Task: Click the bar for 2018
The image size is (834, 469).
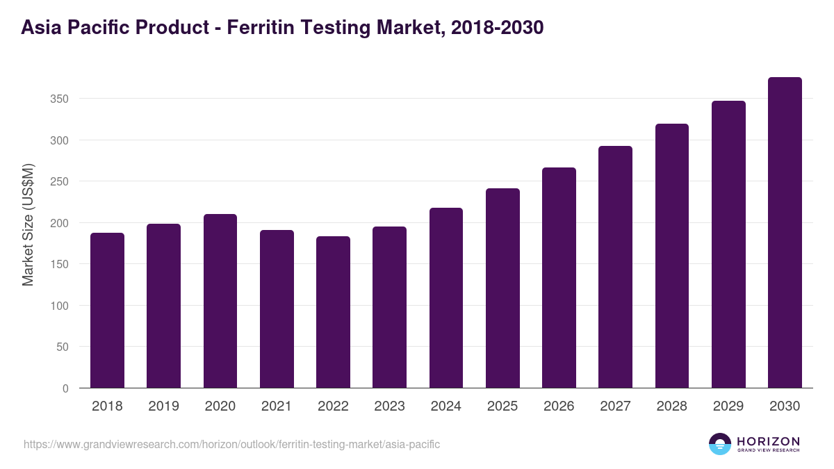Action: [107, 311]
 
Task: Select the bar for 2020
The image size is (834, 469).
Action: [220, 301]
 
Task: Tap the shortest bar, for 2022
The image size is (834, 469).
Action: [333, 312]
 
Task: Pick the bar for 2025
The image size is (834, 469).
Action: [502, 288]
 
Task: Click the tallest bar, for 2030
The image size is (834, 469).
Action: [785, 233]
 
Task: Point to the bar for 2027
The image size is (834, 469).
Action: [615, 267]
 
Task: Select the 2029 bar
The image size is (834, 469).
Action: [728, 245]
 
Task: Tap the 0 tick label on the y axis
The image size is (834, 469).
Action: [65, 388]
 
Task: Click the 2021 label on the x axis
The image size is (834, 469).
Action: [277, 406]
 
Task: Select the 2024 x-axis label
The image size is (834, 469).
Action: [446, 406]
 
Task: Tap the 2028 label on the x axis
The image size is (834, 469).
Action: [672, 406]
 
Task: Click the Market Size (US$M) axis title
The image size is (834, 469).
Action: [28, 224]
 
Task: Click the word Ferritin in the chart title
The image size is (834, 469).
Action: [263, 28]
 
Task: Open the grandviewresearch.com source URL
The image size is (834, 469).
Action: [231, 444]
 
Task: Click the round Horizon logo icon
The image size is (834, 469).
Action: [720, 444]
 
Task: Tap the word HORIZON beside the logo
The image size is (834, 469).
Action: [768, 441]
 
